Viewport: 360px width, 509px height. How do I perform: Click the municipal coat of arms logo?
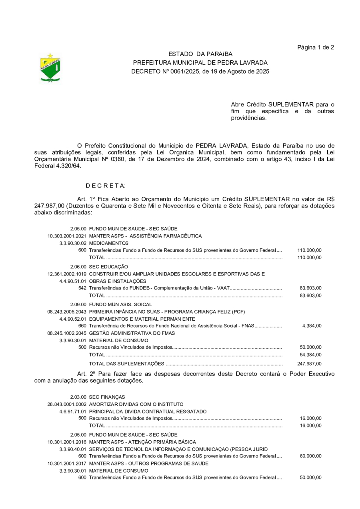coord(50,68)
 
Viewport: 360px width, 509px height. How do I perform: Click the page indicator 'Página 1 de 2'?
coord(316,48)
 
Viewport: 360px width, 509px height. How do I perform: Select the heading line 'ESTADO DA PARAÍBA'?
coord(200,54)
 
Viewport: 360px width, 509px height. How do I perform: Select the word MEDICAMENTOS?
coord(109,243)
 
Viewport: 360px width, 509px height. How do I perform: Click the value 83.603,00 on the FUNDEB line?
coord(310,288)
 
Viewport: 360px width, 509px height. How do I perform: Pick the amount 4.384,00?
coord(312,326)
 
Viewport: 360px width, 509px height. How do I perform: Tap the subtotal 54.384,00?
coord(310,355)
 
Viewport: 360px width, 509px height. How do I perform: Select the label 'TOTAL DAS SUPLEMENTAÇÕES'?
coord(126,364)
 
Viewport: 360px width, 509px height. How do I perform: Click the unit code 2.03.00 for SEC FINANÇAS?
coord(78,397)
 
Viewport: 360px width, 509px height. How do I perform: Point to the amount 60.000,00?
coord(310,456)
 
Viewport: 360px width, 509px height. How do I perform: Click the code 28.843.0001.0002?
coord(67,404)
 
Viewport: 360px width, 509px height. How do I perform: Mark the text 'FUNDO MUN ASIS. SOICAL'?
coord(120,304)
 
